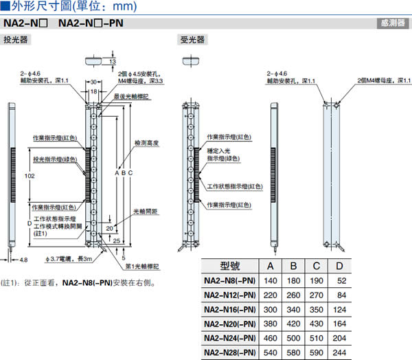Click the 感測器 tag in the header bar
point(392,23)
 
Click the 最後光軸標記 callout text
point(131,97)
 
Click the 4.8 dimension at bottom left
point(23,260)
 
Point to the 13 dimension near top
point(112,61)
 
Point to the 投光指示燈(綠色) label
point(56,159)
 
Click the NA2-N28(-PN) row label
point(230,350)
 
